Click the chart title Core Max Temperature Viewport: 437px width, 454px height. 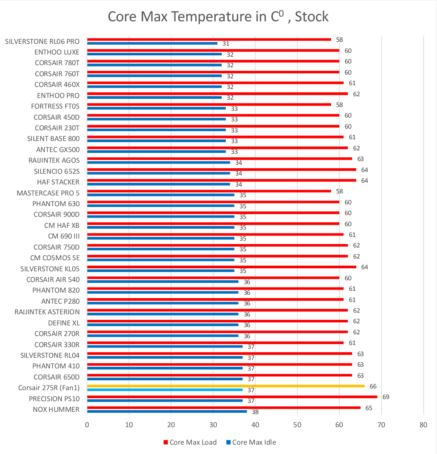click(x=218, y=17)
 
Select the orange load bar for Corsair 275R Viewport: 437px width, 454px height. click(x=226, y=386)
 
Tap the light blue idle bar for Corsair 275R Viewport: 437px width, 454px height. click(x=165, y=390)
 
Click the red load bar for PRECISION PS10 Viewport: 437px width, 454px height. click(x=232, y=397)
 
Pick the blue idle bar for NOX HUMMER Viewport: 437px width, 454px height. click(x=167, y=411)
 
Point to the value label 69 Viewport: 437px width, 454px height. click(x=386, y=397)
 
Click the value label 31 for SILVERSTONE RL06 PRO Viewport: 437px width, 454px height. click(x=226, y=44)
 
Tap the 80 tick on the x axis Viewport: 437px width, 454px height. click(x=423, y=425)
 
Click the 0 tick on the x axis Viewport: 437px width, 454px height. click(x=87, y=425)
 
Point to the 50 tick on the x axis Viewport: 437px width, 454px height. click(x=297, y=425)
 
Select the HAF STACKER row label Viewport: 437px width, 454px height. click(x=58, y=182)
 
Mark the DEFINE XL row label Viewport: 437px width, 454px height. click(x=63, y=323)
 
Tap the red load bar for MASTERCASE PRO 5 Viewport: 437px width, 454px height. click(x=209, y=191)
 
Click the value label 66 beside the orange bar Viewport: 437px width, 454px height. click(x=373, y=386)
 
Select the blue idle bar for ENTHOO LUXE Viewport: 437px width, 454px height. click(x=154, y=54)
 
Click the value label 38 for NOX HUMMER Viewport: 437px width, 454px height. click(x=255, y=412)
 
